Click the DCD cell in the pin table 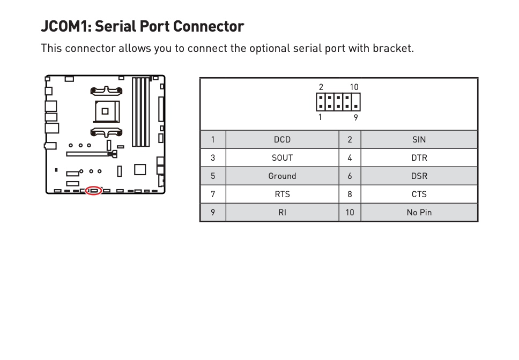282,140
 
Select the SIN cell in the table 419,140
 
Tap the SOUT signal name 282,158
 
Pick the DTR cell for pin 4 419,158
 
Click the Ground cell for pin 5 282,176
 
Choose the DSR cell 419,176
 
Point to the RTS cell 282,194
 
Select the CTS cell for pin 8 419,194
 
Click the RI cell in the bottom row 282,213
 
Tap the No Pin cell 419,213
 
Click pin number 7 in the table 213,194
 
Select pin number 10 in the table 350,213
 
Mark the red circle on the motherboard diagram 94,191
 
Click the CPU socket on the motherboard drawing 106,111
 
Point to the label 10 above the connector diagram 354,87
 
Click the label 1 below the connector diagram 320,117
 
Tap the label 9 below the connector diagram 356,117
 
